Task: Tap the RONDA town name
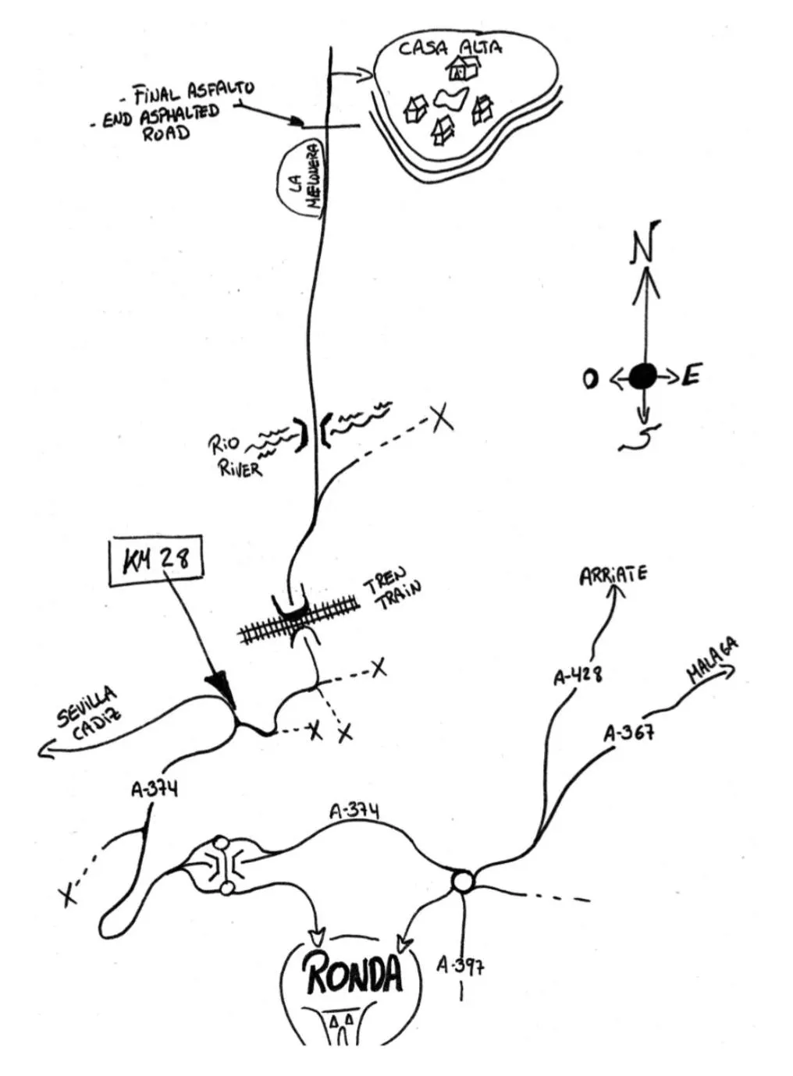[354, 975]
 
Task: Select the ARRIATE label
[613, 576]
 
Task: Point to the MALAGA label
[712, 662]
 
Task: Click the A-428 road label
[578, 675]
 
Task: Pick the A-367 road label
[628, 733]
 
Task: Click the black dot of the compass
[643, 377]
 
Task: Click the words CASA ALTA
[450, 48]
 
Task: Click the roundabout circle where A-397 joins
[462, 882]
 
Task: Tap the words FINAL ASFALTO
[192, 91]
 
